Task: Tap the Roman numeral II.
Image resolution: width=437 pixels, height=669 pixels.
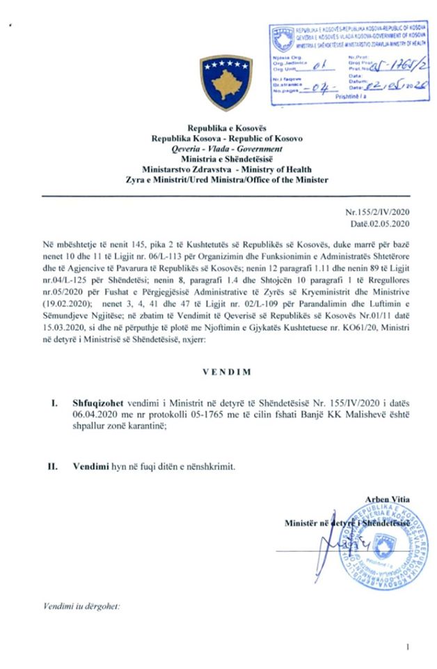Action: click(x=51, y=466)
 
